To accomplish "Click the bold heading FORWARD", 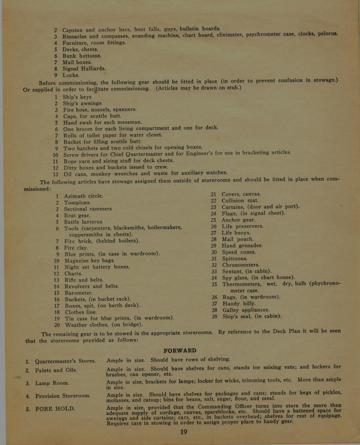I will [x=180, y=350].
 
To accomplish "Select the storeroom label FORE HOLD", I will [x=55, y=408].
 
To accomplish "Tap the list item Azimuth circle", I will [x=84, y=196].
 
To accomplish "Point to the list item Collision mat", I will [x=240, y=200].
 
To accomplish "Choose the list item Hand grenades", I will [x=242, y=246].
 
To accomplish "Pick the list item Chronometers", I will [x=241, y=265].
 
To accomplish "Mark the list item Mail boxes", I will [x=77, y=62].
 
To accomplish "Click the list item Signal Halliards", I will [x=84, y=69].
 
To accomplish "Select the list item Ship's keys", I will [x=77, y=97].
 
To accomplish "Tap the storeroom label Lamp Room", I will [x=52, y=383].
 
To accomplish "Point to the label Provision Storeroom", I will [x=63, y=396].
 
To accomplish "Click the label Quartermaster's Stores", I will [x=65, y=361].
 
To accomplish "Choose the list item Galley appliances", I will [x=246, y=310].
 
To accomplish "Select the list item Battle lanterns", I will [x=83, y=222].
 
